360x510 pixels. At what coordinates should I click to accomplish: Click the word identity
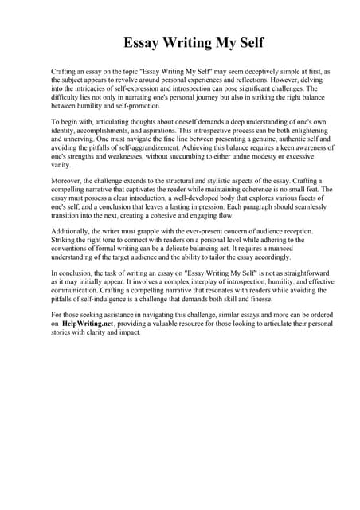pyautogui.click(x=65, y=130)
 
